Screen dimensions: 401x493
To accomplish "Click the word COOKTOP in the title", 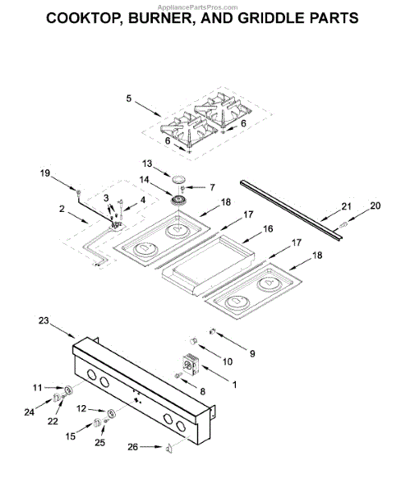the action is [x=83, y=18].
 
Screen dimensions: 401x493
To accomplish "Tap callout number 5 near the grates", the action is [x=129, y=98].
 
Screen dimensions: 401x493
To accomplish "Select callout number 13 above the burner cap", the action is [x=147, y=164].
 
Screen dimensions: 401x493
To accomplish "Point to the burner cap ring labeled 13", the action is [x=178, y=179].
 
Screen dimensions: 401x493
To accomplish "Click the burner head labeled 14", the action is [x=178, y=200].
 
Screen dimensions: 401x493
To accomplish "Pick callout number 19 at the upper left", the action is [x=45, y=173].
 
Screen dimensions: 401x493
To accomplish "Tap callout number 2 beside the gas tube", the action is [x=62, y=209].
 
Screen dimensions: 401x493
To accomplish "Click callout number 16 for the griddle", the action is [x=268, y=228].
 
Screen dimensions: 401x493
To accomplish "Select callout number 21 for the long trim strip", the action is [x=346, y=206].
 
